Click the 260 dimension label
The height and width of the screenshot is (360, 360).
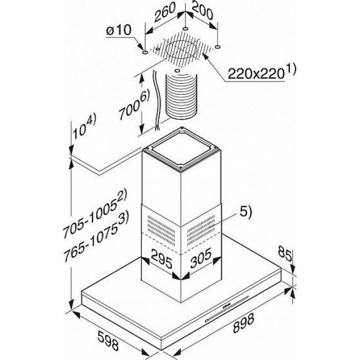coord(166,12)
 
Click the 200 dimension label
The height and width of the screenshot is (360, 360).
coord(202,11)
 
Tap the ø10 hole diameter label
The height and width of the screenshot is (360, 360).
coord(119,30)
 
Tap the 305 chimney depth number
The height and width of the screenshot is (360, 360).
coord(200,258)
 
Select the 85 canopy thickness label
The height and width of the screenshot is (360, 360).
coord(285,254)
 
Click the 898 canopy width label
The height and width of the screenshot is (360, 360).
coord(244,323)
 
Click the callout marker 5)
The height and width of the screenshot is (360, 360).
coord(246,212)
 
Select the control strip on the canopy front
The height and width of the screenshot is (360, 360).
coord(227,307)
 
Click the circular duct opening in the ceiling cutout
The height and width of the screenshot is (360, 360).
coord(181,50)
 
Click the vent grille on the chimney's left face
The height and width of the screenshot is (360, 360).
coord(161,230)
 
